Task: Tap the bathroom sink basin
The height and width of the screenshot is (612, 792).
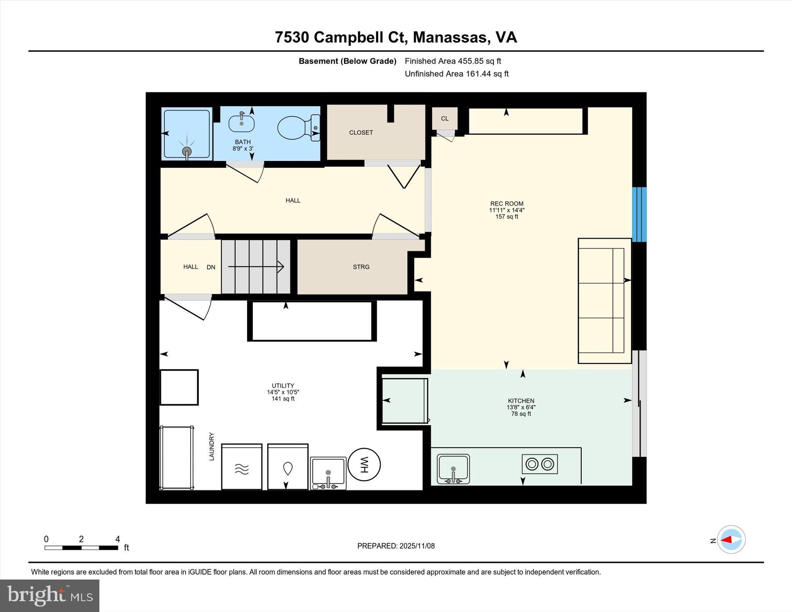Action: [242, 124]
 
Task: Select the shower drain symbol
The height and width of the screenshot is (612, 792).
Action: [187, 151]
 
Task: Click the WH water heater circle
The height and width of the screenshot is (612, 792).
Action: [364, 464]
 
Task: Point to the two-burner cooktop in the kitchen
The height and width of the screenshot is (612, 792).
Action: [539, 464]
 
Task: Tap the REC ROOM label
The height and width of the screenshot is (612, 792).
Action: [507, 204]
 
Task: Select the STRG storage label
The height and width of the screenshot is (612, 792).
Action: [361, 267]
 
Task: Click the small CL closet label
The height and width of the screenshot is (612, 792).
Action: [445, 119]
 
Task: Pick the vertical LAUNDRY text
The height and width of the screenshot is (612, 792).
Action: [212, 447]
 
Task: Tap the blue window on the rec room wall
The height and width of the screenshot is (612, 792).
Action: [639, 215]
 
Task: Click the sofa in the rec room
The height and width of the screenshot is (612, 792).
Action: [604, 301]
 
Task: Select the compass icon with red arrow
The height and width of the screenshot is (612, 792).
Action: [731, 539]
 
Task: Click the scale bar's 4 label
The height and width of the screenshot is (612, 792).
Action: [118, 539]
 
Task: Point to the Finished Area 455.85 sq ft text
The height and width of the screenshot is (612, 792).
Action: [452, 61]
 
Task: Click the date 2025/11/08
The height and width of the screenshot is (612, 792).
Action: [417, 546]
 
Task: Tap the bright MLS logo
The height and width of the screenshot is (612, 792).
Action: [49, 595]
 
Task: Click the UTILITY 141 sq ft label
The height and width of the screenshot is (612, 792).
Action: [283, 392]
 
